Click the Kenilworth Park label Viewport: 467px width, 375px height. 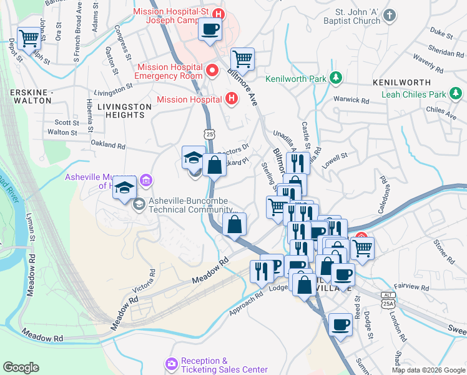click(x=296, y=79)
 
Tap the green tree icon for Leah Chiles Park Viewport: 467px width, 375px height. click(x=458, y=94)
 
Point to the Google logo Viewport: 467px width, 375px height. click(x=21, y=367)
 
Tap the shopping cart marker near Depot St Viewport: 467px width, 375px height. click(x=29, y=39)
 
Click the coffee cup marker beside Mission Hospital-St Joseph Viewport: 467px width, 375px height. click(x=210, y=29)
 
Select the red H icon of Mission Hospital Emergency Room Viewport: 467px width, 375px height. click(x=212, y=71)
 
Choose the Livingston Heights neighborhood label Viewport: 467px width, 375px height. click(x=125, y=111)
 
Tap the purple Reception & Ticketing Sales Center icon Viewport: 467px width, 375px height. click(x=172, y=363)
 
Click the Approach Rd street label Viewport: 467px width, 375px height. click(x=247, y=305)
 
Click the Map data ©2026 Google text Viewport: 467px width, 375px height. click(x=428, y=370)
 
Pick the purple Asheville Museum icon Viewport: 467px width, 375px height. click(x=146, y=181)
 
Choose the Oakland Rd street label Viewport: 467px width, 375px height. click(x=108, y=145)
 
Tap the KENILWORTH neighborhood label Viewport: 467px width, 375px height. click(x=401, y=82)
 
